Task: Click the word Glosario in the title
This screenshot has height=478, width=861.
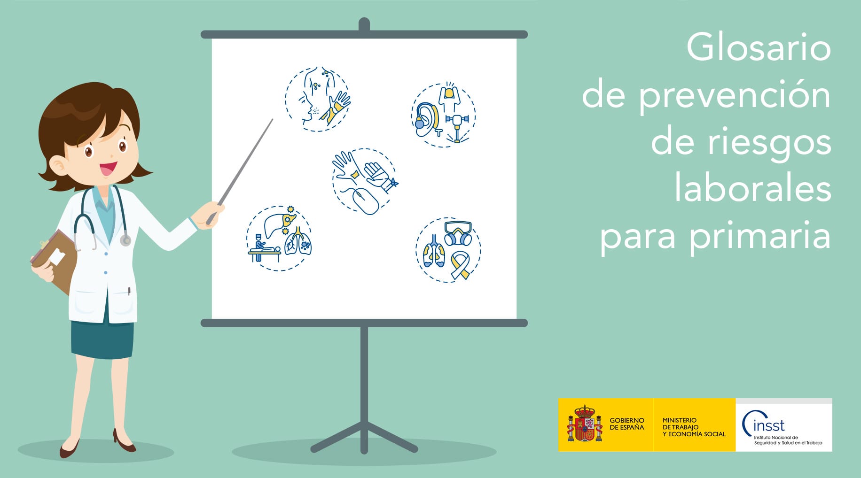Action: click(759, 47)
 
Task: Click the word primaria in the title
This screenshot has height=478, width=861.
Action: click(760, 236)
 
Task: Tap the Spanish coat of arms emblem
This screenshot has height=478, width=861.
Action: click(585, 424)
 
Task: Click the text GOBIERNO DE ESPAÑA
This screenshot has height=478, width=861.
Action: click(627, 424)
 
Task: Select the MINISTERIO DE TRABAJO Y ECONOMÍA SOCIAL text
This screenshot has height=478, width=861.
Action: click(694, 427)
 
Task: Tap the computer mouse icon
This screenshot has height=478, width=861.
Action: click(366, 201)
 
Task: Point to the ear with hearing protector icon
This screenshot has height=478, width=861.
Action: click(427, 119)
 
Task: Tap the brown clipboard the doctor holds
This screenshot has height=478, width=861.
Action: click(55, 261)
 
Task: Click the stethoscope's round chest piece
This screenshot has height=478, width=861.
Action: click(125, 240)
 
